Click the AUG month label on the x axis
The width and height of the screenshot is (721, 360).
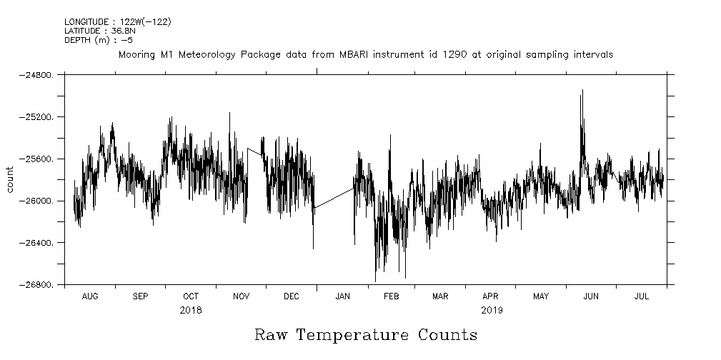click(x=90, y=296)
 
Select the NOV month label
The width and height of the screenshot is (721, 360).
click(x=241, y=296)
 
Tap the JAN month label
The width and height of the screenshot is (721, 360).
click(x=342, y=296)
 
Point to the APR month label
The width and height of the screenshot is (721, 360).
click(x=490, y=296)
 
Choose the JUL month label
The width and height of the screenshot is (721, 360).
click(x=642, y=296)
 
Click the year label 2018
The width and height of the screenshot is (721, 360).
click(x=191, y=311)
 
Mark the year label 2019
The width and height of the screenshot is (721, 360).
click(x=492, y=311)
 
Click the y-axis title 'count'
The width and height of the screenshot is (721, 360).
click(x=10, y=179)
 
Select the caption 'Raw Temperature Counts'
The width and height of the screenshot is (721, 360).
click(x=365, y=335)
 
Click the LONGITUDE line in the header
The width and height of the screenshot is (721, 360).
click(x=118, y=22)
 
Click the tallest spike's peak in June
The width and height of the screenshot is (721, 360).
click(x=582, y=91)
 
